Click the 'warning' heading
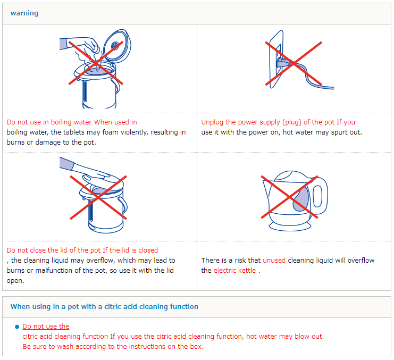click(24, 13)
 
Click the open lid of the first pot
click(118, 45)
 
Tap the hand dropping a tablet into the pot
click(80, 46)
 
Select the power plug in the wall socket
click(284, 62)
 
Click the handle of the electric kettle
click(319, 196)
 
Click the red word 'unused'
click(274, 260)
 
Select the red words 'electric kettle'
click(234, 270)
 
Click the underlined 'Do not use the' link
click(46, 326)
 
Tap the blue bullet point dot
click(17, 327)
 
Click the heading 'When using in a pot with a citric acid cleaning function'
click(104, 306)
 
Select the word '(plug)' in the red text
click(292, 122)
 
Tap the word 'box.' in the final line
click(197, 347)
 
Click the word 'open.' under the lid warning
click(15, 281)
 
